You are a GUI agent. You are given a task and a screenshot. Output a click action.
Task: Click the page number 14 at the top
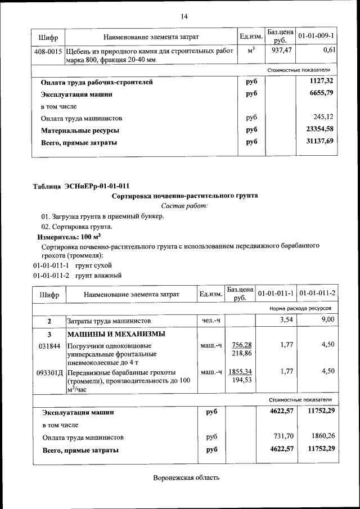tap(183, 16)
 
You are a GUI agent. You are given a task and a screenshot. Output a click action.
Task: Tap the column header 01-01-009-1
tap(316, 37)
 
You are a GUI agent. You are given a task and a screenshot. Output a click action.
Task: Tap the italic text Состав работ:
tap(184, 206)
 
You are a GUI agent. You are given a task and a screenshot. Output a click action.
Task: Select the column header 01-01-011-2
tap(317, 294)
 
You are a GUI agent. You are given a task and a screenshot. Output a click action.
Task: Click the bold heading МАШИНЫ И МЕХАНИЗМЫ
tap(116, 334)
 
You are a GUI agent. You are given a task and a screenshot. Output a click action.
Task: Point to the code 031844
tap(48, 345)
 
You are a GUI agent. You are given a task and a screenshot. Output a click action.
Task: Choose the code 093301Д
tap(49, 372)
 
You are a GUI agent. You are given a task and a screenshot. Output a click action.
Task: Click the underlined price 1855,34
tap(240, 372)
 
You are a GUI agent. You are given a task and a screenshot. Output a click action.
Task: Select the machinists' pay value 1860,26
tap(321, 436)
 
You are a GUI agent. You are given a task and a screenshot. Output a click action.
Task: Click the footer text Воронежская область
tap(186, 478)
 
